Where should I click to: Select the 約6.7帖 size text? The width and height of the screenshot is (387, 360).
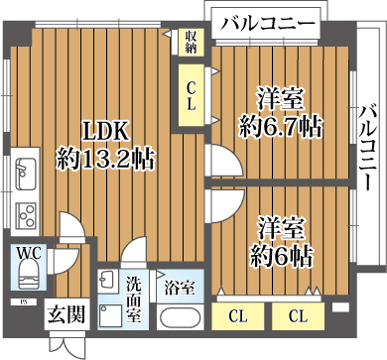tap(281, 126)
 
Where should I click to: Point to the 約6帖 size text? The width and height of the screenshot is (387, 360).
tap(281, 255)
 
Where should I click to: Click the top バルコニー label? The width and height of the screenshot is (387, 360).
tap(268, 22)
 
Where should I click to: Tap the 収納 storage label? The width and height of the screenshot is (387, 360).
tap(192, 41)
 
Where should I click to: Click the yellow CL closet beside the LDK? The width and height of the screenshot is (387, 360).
tap(192, 93)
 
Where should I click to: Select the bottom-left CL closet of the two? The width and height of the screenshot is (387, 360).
tap(237, 316)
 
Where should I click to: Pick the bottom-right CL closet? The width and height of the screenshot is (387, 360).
tap(298, 316)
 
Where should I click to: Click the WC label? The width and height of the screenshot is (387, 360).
tap(28, 253)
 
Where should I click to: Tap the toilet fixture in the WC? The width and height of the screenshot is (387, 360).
tap(27, 273)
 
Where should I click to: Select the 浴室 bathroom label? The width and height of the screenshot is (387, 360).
tap(179, 289)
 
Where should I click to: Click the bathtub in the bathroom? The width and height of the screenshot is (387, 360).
tap(180, 319)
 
